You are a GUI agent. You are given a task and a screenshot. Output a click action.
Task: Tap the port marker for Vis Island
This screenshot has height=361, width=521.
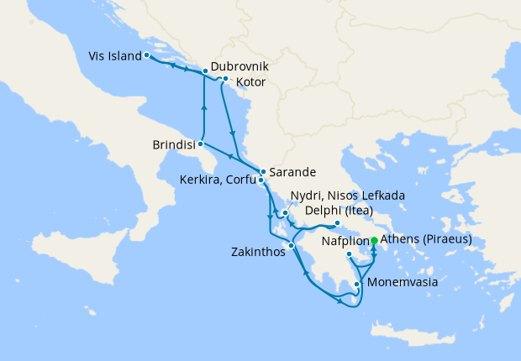(146, 55)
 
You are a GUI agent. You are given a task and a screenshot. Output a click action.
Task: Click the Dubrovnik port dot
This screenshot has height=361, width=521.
(205, 71)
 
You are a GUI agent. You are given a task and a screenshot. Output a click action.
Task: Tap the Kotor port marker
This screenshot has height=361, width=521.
(225, 79)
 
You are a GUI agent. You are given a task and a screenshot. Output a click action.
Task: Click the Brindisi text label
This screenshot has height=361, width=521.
(175, 144)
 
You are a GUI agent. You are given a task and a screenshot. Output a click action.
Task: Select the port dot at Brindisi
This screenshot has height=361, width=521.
(200, 144)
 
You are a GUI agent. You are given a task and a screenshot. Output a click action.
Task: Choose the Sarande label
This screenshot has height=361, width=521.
(292, 172)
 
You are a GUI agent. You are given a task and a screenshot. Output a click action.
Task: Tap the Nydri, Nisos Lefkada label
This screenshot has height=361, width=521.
(347, 195)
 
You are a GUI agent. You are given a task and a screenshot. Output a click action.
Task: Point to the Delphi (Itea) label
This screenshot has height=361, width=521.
(340, 210)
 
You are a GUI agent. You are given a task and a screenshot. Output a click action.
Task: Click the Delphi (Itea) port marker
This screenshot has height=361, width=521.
(337, 223)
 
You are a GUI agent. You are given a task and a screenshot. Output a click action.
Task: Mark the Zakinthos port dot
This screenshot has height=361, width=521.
(292, 245)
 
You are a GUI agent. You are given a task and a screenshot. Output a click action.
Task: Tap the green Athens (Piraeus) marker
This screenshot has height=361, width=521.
(374, 240)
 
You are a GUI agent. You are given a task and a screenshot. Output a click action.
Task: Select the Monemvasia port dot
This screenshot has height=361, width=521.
(358, 284)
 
